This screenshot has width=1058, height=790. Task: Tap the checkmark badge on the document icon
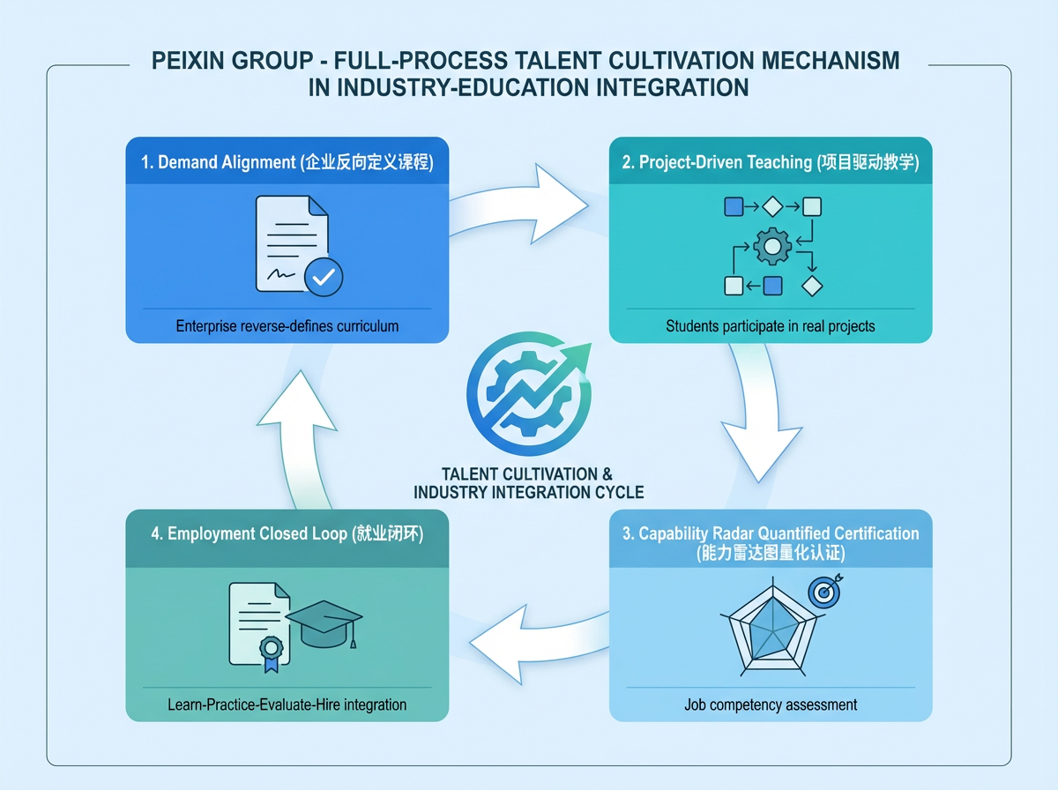[x=324, y=277]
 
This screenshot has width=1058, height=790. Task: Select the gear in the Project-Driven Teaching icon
[x=772, y=247]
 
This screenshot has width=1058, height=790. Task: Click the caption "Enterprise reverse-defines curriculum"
[x=287, y=326]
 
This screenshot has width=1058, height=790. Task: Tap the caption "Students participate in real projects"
[x=771, y=326]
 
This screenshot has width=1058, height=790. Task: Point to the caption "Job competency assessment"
[x=771, y=704]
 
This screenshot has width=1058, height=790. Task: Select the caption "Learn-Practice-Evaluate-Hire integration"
[x=287, y=704]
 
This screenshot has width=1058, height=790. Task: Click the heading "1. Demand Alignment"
[x=218, y=163]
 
